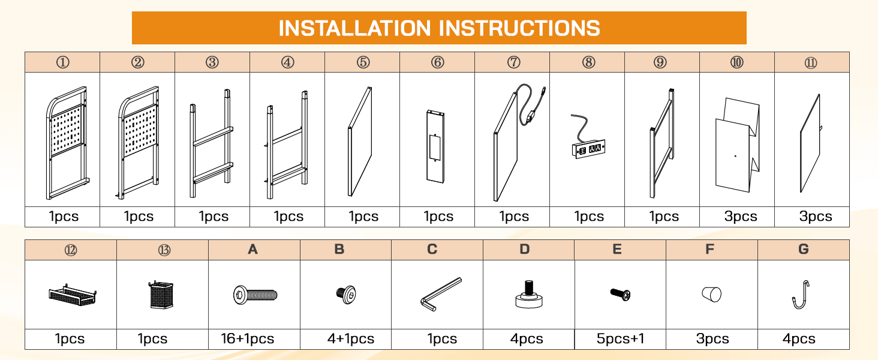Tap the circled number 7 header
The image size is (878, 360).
[x=513, y=62]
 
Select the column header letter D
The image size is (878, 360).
[x=524, y=249]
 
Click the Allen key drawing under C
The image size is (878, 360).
[x=441, y=294]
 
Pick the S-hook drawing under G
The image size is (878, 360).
[x=801, y=295]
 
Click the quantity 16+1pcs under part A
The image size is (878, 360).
[x=247, y=338]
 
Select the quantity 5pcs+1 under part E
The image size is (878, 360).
[x=620, y=338]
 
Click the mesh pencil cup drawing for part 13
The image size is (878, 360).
[x=161, y=295]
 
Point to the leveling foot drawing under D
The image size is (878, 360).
[x=529, y=294]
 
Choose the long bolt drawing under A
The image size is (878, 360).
[x=255, y=295]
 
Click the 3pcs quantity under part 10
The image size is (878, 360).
[x=741, y=216]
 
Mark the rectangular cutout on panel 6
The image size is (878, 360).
[x=435, y=147]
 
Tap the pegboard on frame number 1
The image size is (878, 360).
[x=67, y=129]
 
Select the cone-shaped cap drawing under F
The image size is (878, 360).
[x=711, y=295]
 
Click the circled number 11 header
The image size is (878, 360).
[x=811, y=63]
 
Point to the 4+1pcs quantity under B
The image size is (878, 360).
[x=351, y=338]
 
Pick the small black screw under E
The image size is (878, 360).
[x=620, y=294]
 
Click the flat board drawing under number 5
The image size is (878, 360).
[x=360, y=142]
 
